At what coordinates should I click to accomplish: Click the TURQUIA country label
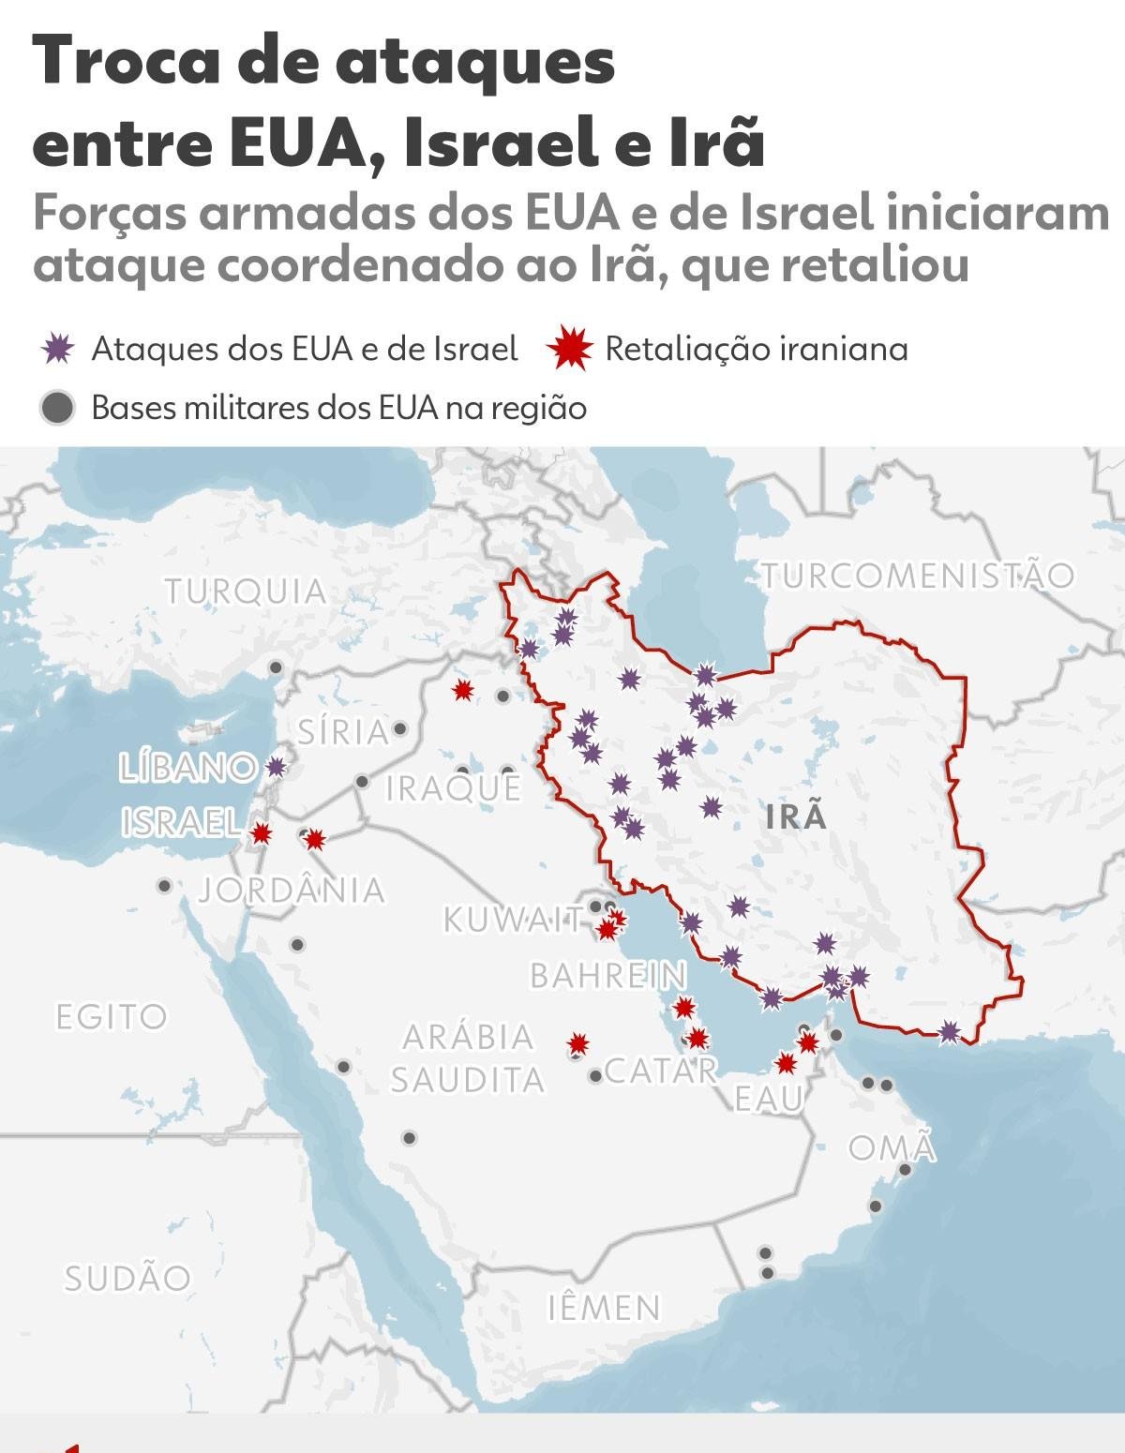pos(246,592)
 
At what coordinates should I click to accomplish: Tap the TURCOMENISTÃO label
pos(917,575)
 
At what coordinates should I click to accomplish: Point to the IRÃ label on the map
pos(796,816)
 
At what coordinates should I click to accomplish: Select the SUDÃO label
pos(127,1278)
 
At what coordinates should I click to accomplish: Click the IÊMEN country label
pos(604,1307)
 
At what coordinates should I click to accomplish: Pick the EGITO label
pos(112,1016)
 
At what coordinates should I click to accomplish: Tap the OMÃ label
pos(892,1147)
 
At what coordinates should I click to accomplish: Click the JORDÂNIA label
pos(292,890)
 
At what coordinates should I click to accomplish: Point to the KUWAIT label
pos(513,920)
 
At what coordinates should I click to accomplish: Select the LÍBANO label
pos(187,768)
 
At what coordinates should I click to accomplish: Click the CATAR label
pos(661,1070)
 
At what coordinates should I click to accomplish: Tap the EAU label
pos(769,1099)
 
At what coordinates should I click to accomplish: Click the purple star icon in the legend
pos(58,349)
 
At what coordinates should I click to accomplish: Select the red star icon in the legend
pos(571,349)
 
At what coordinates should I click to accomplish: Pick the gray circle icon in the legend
pos(58,409)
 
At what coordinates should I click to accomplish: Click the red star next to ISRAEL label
pos(262,832)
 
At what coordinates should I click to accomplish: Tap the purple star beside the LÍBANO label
pos(275,767)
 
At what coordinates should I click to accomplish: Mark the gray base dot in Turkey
pos(276,667)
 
